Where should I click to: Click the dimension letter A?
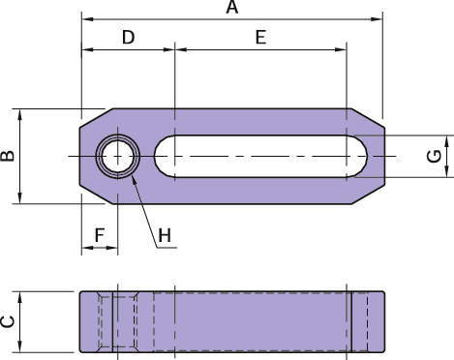232,8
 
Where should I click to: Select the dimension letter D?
128,37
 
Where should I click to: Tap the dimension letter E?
260,37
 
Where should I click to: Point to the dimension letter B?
8,156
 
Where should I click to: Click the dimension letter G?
434,156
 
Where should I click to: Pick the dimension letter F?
100,235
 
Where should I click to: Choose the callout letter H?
165,235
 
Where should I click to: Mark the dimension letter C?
8,322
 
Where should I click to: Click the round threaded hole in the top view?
118,156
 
